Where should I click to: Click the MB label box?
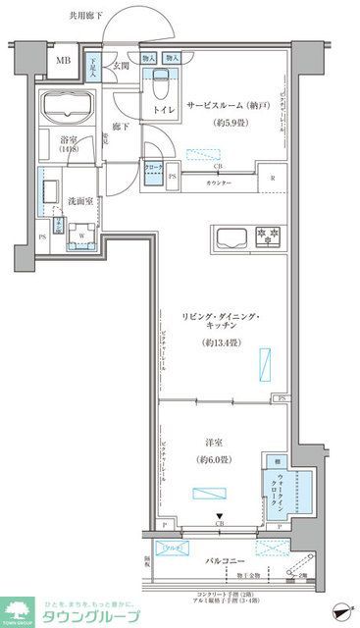(x=63, y=61)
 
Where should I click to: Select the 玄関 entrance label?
(x=120, y=67)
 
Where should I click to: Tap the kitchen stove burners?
(x=266, y=235)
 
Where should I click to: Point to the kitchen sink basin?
(x=230, y=236)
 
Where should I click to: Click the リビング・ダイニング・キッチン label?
(x=219, y=326)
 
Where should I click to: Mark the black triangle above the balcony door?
(x=220, y=517)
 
